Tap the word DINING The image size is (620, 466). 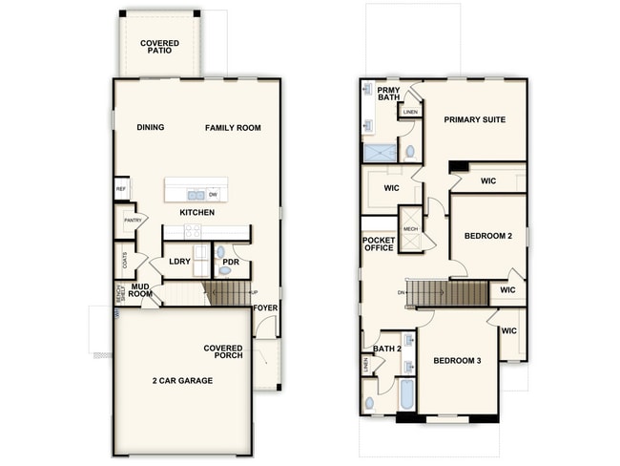[x=150, y=127]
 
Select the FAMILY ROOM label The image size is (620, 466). [x=233, y=127]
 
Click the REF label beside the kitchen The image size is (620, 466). [x=121, y=189]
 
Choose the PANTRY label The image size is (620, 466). [x=131, y=221]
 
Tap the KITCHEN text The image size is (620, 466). [x=196, y=211]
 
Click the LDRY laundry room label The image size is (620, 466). [x=178, y=261]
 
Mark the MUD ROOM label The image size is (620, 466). [x=142, y=290]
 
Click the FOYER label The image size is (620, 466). [x=266, y=308]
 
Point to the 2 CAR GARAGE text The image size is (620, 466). [x=182, y=380]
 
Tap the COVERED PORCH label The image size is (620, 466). [x=222, y=351]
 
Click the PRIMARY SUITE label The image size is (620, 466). [x=474, y=119]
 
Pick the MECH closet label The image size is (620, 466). [x=410, y=229]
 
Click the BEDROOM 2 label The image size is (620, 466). [x=489, y=235]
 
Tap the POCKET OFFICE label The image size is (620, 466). [x=379, y=244]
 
